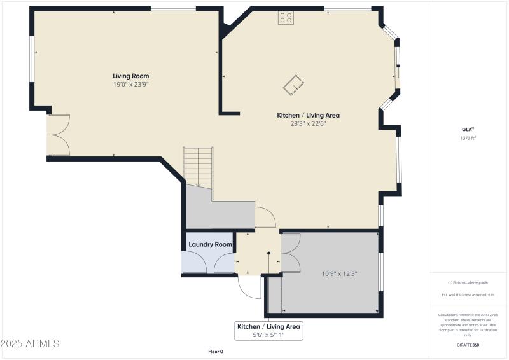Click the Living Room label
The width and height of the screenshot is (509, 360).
131,76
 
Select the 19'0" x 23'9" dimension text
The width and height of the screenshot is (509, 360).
131,85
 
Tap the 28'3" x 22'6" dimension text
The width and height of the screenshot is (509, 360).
308,124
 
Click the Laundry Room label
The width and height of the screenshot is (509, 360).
210,244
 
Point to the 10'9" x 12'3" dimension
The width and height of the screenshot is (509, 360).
339,274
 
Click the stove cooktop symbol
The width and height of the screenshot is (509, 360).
285,18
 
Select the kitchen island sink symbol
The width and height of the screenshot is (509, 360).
294,85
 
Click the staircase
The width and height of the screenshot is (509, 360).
198,167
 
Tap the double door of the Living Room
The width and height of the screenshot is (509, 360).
59,135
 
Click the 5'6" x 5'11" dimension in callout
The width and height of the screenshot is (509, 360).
268,335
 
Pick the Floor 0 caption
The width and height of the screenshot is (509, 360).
216,352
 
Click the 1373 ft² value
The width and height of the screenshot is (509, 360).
468,138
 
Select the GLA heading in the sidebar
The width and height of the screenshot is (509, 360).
468,129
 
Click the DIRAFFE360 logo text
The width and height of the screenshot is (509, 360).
468,345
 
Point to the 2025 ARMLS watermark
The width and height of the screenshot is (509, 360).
31,344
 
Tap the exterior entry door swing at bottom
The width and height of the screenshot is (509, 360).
249,287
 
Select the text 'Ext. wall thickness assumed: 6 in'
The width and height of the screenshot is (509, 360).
468,295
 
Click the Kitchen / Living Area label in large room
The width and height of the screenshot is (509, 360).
308,115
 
